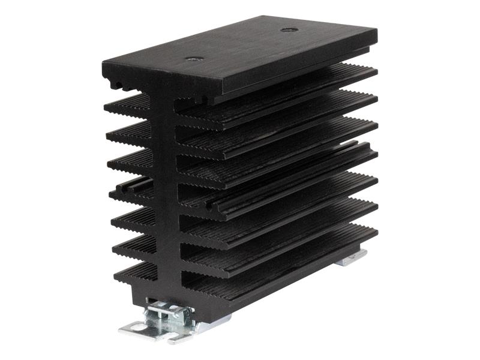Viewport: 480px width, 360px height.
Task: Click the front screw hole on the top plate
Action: [x=194, y=59]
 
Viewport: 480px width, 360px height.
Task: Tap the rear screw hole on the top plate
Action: [x=289, y=29]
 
